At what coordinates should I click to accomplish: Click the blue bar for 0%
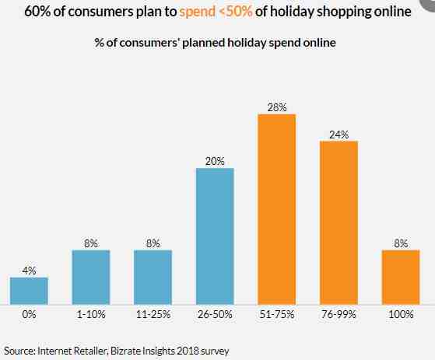[x=29, y=291]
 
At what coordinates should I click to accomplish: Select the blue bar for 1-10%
[x=91, y=277]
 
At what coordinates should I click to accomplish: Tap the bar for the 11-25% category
[x=153, y=277]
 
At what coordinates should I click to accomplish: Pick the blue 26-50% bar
[x=215, y=236]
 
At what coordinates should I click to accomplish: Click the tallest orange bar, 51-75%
[x=277, y=209]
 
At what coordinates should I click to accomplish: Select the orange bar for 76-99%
[x=339, y=223]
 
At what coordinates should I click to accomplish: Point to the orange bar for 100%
[x=401, y=277]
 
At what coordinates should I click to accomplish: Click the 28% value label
[x=277, y=107]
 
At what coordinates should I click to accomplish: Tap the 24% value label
[x=339, y=135]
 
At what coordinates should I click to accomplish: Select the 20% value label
[x=215, y=161]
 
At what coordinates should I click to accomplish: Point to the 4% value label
[x=29, y=271]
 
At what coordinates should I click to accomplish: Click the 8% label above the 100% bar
[x=401, y=243]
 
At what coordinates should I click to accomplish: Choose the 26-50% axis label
[x=215, y=314]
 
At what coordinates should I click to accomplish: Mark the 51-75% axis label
[x=277, y=314]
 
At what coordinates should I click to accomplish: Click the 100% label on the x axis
[x=401, y=314]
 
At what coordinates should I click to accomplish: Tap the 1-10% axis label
[x=91, y=314]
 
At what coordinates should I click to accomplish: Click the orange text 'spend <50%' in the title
[x=216, y=12]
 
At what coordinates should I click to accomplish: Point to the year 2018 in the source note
[x=188, y=351]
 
